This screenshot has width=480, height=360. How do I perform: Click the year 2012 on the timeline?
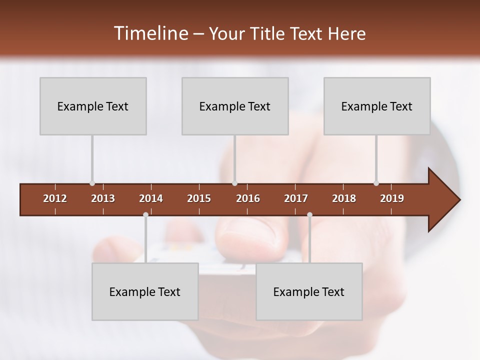coord(55,198)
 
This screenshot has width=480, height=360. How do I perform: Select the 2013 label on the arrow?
coord(103,198)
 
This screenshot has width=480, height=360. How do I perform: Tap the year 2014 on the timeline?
coord(151,198)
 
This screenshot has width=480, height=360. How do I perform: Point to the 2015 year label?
coord(199,198)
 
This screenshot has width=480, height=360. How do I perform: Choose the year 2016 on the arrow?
coord(248,198)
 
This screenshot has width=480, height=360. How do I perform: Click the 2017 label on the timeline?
coord(296,198)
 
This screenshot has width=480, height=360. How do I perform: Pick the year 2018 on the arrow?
coord(344,198)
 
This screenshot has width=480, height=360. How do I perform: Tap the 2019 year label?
coord(392,198)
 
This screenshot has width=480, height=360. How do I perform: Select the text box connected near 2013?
coord(93,106)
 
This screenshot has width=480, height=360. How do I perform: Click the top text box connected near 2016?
coord(235,106)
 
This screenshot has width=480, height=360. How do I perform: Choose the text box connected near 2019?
coord(377,106)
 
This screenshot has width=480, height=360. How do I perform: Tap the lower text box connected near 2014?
coord(145,291)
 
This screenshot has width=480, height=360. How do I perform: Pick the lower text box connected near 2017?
coord(309,291)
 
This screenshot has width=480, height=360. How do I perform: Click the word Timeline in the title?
coord(150,33)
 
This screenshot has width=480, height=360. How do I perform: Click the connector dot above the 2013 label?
coord(92,183)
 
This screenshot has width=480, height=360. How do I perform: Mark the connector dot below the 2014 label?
coord(145,215)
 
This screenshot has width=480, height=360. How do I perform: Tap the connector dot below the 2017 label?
coord(309,215)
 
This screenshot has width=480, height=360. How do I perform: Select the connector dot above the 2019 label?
coord(376,183)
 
